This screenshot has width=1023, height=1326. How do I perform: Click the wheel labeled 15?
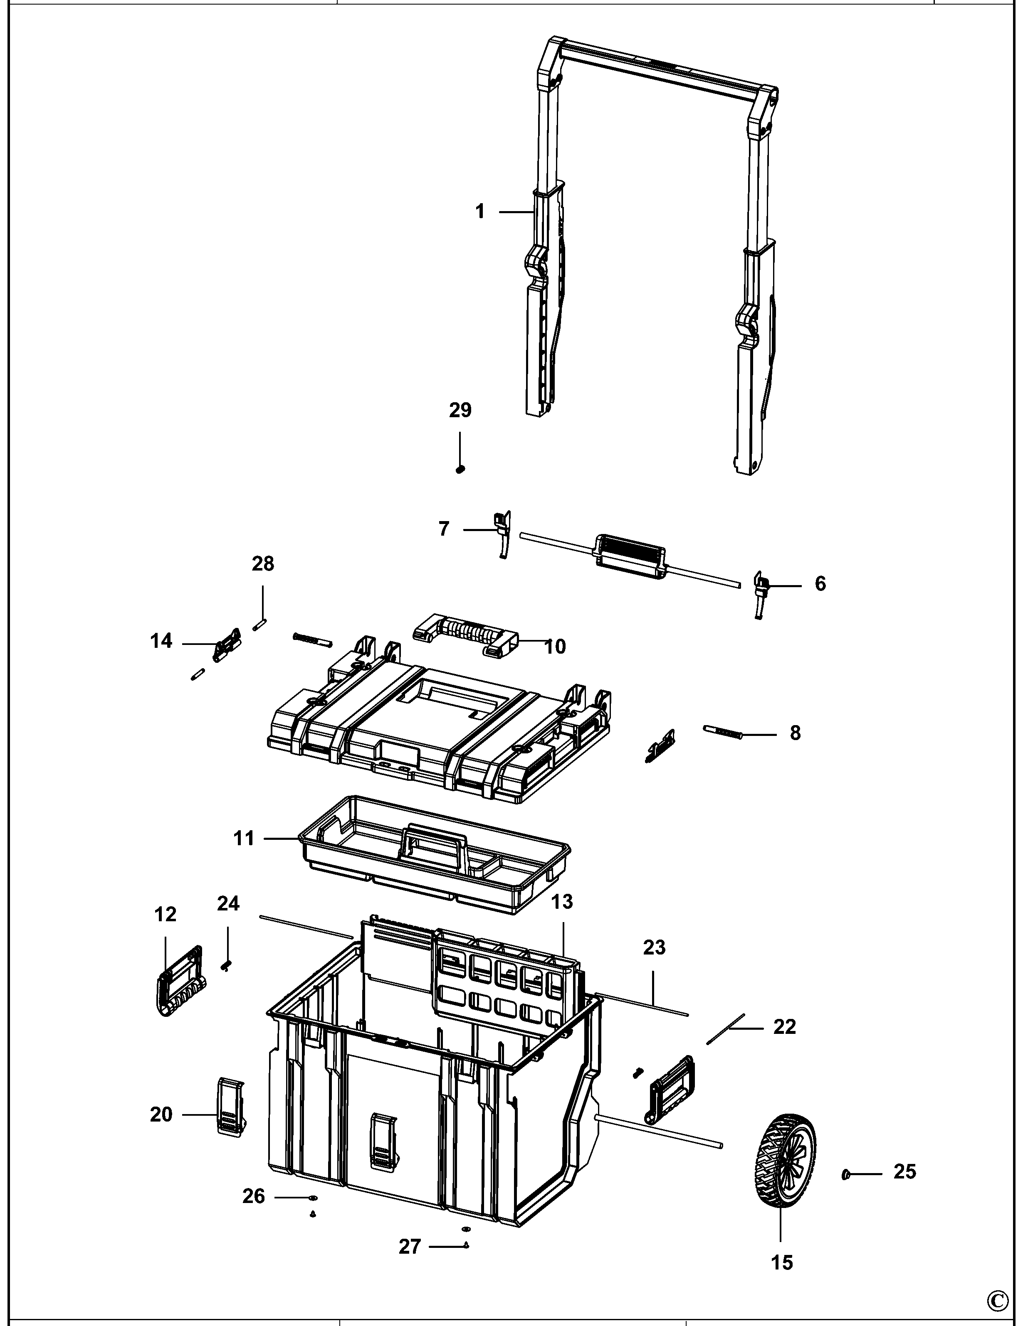(786, 1161)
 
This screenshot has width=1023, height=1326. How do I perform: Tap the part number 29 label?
(460, 411)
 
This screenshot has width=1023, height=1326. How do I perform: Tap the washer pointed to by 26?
(312, 1198)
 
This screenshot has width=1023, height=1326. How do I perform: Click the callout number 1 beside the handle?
(480, 212)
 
